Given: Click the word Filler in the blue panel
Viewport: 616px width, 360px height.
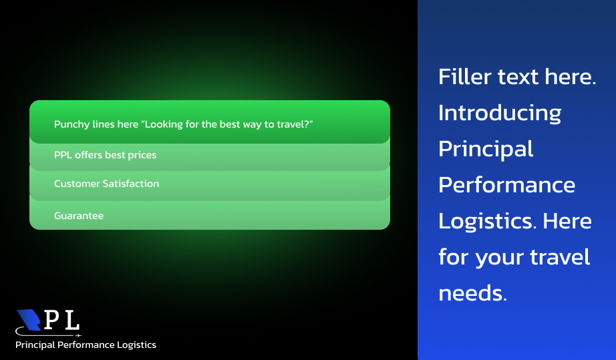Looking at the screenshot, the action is point(465,76).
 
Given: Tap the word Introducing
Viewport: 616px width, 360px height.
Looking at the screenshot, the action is point(500,114).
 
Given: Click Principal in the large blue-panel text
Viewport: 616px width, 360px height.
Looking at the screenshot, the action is point(486,150).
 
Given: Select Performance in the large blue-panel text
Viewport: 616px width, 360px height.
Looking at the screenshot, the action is point(507,185).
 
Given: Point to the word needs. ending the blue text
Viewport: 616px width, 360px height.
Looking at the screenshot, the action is point(472,293).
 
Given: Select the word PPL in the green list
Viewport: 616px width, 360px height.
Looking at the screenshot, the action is point(63,155).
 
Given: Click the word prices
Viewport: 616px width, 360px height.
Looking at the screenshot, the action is point(142,156).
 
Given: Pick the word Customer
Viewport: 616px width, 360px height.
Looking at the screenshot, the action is point(77,184).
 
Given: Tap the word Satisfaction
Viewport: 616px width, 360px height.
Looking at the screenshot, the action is point(131,184).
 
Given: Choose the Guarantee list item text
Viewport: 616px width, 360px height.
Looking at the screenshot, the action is point(79,216).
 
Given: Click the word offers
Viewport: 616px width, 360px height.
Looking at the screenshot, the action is point(88,155).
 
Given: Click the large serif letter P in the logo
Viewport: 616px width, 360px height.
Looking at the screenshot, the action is point(52,320).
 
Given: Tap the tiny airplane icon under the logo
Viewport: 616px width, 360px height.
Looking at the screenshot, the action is point(78,336).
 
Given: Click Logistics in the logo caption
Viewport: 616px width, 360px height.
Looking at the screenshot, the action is point(137,345).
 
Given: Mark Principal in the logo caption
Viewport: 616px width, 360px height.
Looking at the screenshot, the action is point(35,345).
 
